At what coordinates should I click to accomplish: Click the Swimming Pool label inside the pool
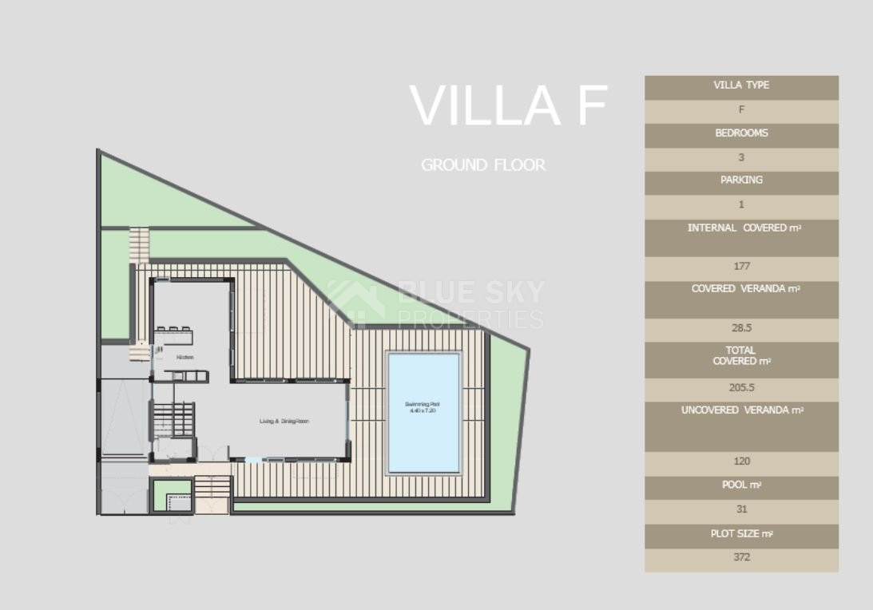pos(423,407)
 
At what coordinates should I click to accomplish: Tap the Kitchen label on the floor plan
pos(185,357)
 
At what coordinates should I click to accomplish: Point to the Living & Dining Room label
pos(284,421)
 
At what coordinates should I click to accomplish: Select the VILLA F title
pos(509,105)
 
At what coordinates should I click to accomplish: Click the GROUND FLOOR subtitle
pos(483,165)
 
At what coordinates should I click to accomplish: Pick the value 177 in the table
pos(741,267)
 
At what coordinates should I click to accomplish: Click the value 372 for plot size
pos(741,557)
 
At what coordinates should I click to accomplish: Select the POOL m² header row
pos(741,485)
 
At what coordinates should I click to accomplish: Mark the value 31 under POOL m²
pos(741,509)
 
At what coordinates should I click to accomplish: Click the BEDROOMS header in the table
pos(741,133)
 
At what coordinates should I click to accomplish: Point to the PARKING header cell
pos(741,180)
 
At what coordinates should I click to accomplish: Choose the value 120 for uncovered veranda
pos(741,461)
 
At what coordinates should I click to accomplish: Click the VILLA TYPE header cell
pos(741,85)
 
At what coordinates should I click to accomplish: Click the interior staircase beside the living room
pos(173,418)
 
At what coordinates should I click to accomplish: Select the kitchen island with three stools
pos(174,336)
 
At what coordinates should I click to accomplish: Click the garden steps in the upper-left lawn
pos(139,244)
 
